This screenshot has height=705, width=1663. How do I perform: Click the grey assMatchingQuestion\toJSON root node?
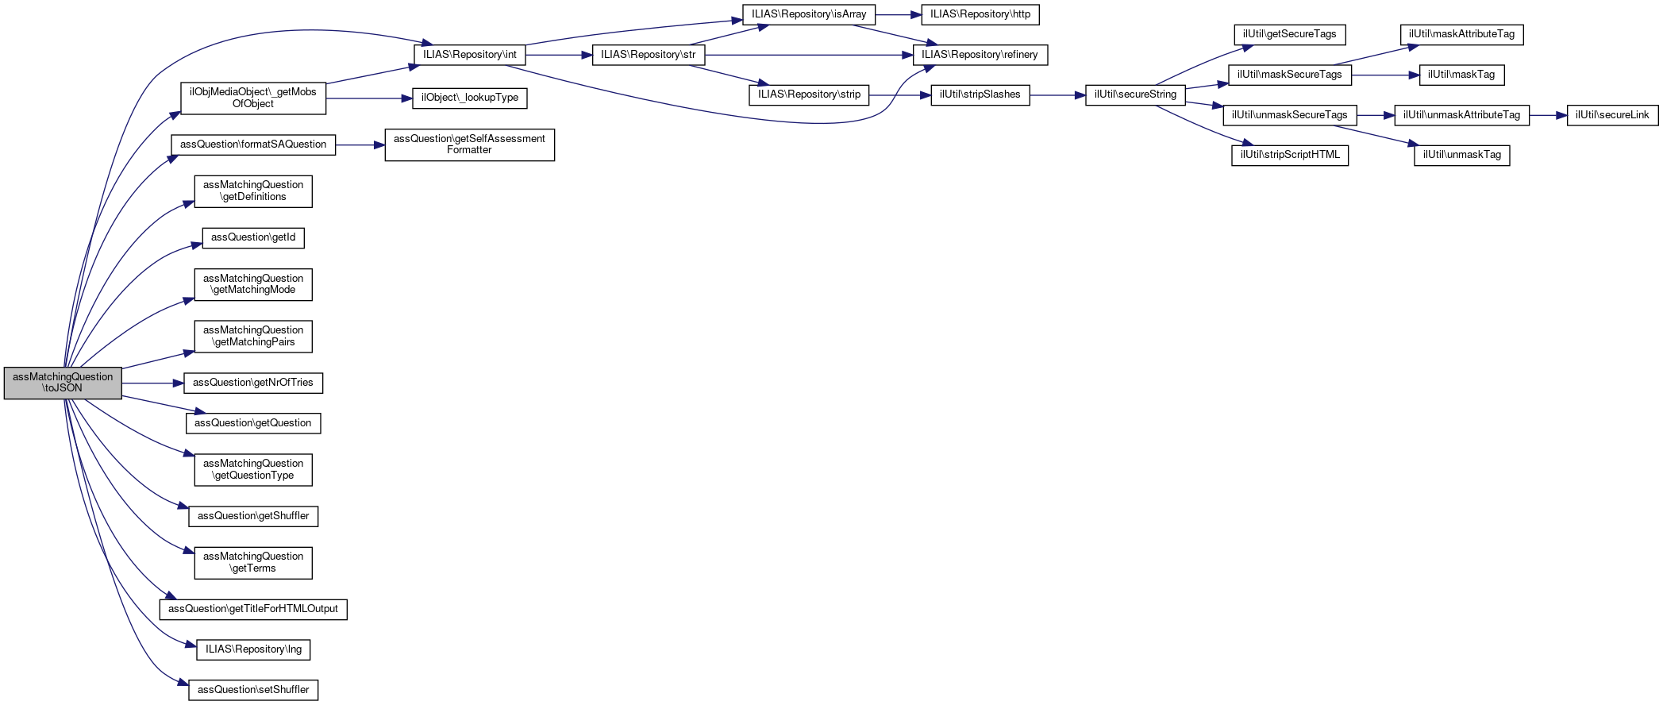[63, 383]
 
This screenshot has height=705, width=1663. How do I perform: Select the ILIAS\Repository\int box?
[469, 55]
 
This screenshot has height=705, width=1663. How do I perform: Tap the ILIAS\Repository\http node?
[980, 14]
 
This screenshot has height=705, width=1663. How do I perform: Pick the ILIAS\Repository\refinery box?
[980, 55]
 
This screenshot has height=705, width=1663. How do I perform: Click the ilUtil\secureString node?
[1135, 94]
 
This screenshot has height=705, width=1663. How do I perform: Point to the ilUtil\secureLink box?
[1612, 115]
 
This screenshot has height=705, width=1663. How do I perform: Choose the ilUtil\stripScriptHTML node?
[1289, 155]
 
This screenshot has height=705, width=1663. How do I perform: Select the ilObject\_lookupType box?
[469, 98]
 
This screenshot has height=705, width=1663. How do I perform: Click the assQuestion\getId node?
[253, 237]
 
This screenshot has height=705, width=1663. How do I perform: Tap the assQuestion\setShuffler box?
[253, 690]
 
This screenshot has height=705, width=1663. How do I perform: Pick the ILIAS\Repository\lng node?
[253, 649]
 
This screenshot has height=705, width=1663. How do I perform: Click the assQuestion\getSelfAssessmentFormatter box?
[469, 144]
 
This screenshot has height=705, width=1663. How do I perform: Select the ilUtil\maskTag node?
[1461, 75]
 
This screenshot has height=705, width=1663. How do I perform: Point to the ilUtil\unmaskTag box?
[1461, 155]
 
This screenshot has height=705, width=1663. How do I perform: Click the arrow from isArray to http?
[898, 14]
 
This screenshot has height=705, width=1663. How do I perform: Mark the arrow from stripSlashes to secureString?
[1057, 95]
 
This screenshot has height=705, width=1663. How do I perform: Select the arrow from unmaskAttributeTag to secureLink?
[1548, 115]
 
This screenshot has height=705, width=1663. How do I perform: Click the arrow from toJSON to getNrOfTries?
[152, 383]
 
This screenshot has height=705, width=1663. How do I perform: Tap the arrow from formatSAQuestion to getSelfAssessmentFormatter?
[360, 145]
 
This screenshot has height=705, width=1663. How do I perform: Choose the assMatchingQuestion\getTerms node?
[253, 562]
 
